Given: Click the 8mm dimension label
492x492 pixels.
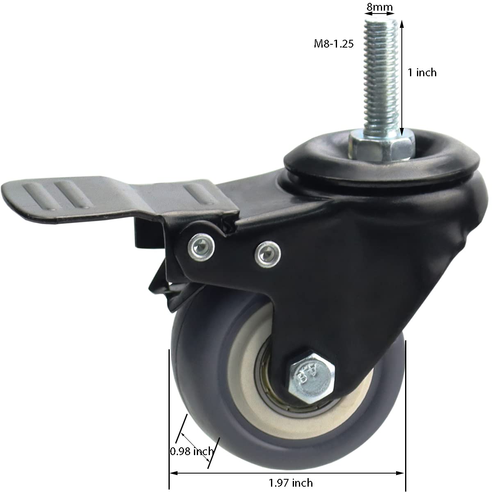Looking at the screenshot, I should (379, 7).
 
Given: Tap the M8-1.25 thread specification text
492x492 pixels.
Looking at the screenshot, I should (333, 44).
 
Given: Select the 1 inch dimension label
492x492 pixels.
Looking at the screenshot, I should (422, 73).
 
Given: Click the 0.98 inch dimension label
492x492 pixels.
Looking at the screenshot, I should (191, 451).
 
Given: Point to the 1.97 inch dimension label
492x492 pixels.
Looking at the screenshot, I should (291, 483).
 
